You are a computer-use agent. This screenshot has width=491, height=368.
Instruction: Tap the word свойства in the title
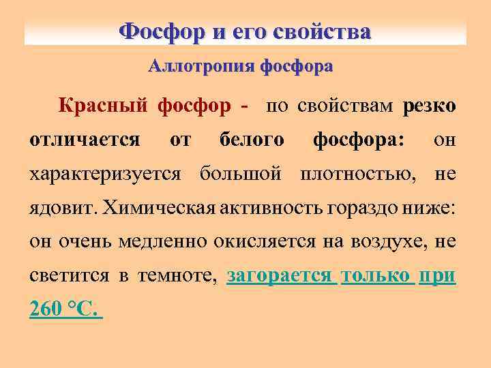click(322, 31)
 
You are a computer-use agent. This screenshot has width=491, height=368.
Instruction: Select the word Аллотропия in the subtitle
click(190, 67)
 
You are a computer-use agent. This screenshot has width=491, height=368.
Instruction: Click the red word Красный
click(103, 106)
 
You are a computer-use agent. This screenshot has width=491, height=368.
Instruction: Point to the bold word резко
click(430, 106)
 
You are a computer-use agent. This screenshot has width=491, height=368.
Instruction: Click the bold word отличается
click(85, 140)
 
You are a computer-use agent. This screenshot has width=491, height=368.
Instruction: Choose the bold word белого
click(252, 140)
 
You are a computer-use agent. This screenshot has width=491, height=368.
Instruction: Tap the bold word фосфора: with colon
click(358, 140)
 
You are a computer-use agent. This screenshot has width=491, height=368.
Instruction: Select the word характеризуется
click(106, 174)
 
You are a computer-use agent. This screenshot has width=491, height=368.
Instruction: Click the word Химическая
click(160, 209)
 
